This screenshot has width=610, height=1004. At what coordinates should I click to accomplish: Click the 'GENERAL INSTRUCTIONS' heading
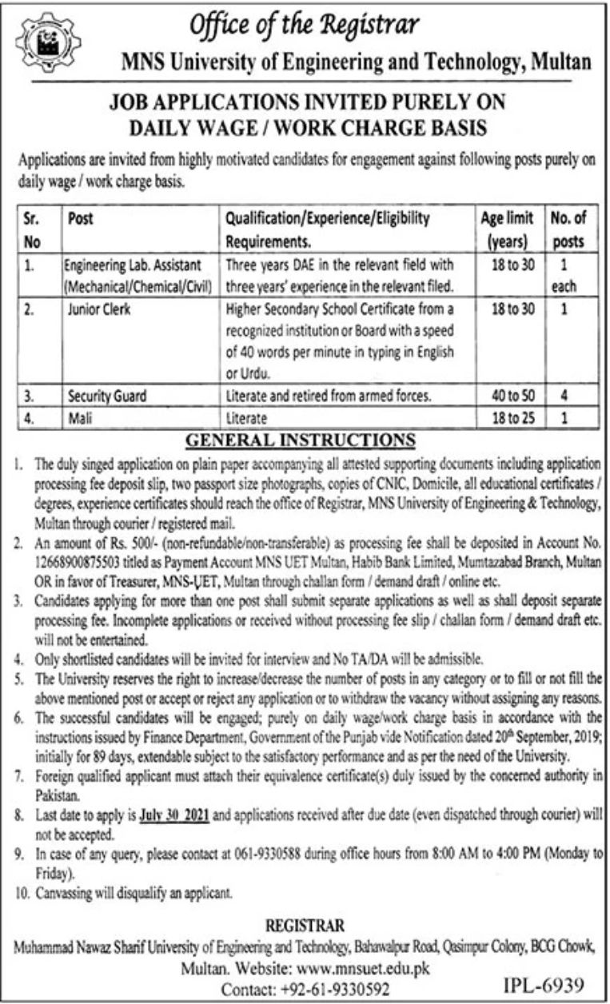[301, 440]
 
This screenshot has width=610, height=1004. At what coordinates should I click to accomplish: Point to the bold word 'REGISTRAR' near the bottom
[305, 926]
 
